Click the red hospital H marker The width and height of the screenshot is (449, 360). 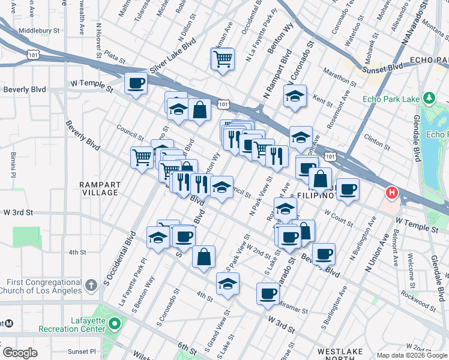(392, 193)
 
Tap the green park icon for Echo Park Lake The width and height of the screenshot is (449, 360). (429, 98)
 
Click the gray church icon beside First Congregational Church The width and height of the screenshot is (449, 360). (91, 284)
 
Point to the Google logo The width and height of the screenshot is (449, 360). (20, 353)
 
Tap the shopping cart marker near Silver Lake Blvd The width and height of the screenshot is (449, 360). (222, 59)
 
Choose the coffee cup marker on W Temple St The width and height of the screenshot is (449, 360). (136, 83)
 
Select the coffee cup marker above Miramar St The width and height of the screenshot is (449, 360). (268, 294)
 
